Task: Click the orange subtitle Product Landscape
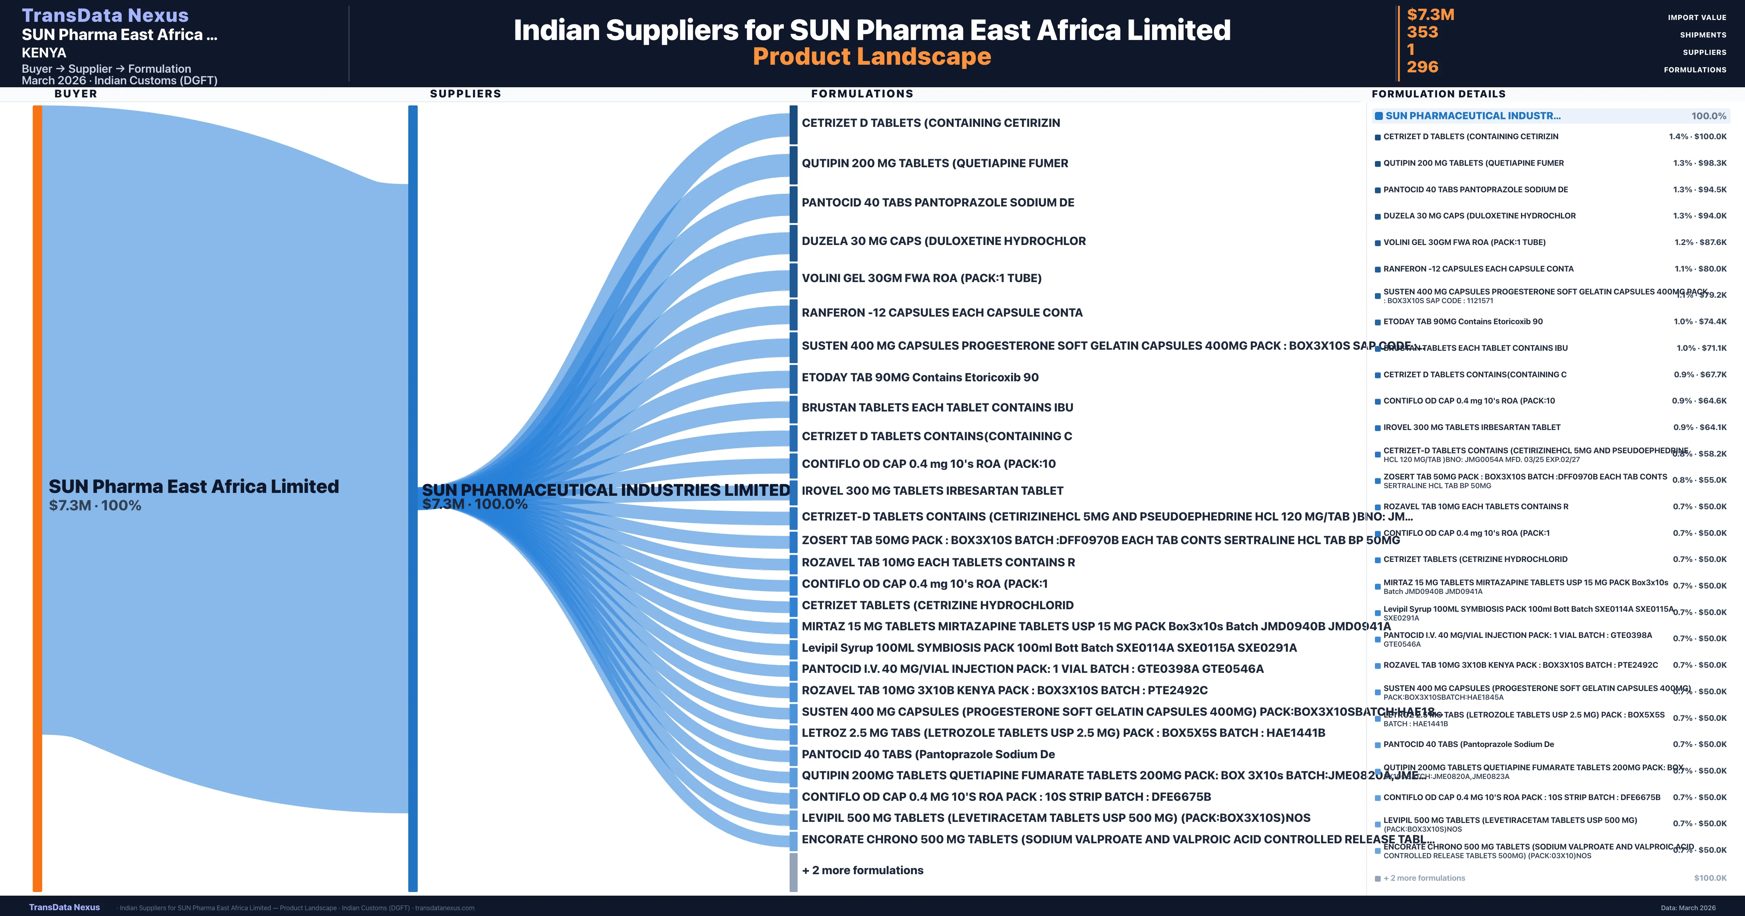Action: tap(872, 56)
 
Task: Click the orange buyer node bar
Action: tap(37, 498)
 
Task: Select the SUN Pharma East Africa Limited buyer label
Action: tap(194, 486)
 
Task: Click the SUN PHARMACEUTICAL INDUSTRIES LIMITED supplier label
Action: tap(606, 490)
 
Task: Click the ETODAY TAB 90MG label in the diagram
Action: tap(919, 377)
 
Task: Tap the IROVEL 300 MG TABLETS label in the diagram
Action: tap(932, 490)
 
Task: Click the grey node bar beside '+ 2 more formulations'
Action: tap(793, 872)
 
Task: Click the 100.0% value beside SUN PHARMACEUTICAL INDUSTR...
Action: tap(1708, 116)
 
